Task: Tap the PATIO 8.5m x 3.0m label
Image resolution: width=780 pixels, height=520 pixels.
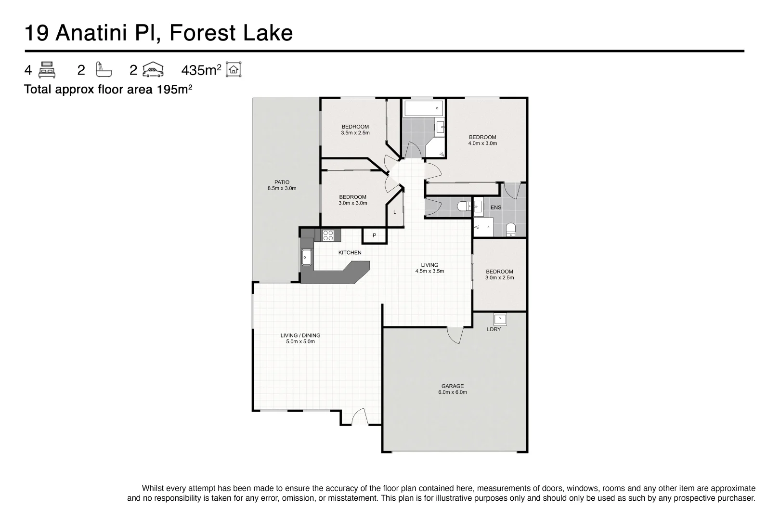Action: pos(282,185)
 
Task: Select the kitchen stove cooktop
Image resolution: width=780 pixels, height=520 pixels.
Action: pos(328,235)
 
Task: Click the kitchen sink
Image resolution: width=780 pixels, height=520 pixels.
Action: pos(307,258)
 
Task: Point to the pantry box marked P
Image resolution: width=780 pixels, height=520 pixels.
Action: pos(374,235)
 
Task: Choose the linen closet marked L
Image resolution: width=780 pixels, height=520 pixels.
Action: pos(395,212)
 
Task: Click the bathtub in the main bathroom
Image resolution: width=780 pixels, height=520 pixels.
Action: pos(424,109)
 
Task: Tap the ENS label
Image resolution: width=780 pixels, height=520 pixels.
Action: pos(495,208)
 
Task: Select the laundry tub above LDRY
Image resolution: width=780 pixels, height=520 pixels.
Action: pos(500,320)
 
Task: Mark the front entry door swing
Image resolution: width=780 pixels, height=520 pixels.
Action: pos(359,417)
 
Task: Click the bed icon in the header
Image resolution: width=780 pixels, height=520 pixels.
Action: pos(47,70)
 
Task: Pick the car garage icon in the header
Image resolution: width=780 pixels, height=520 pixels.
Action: pos(153,70)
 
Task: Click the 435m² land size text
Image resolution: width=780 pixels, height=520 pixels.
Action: pos(201,70)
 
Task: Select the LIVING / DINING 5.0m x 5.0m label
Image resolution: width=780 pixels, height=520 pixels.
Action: pos(300,338)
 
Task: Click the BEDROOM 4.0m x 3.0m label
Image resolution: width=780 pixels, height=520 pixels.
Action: pos(482,140)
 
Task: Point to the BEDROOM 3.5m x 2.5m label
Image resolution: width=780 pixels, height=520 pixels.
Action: pos(355,130)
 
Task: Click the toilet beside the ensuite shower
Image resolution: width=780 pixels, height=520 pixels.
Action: pos(511,229)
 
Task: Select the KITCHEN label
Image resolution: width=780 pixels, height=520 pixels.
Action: pos(350,252)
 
